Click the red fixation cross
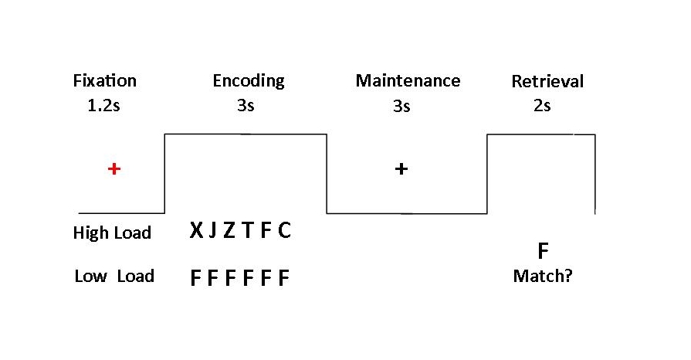114,168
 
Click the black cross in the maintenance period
401,168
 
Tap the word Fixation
104,80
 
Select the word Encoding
249,80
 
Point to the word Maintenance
408,80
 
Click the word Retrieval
547,81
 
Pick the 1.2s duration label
104,106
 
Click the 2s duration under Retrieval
542,106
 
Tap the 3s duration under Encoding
246,106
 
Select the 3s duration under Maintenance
401,107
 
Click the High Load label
112,233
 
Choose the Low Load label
114,276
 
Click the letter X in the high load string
197,231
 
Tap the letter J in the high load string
212,231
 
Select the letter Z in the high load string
229,231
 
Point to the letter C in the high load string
284,231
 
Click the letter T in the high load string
248,231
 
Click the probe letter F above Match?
543,251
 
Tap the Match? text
543,276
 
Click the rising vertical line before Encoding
164,173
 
